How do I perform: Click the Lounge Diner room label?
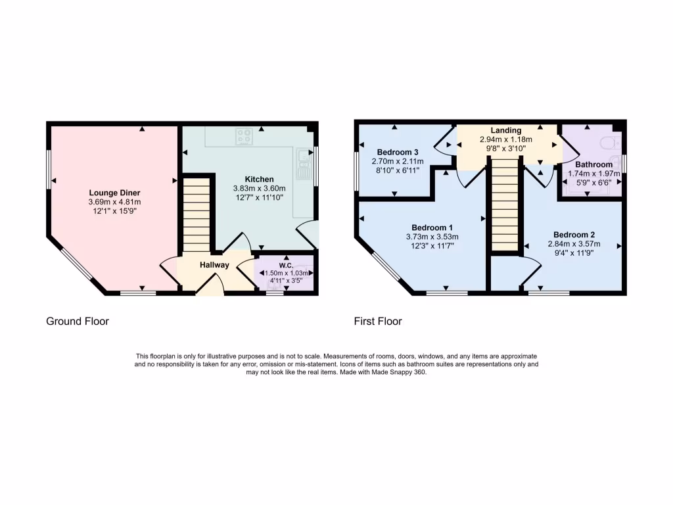click(x=115, y=193)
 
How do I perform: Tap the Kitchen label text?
click(x=259, y=179)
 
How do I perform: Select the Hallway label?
click(x=214, y=265)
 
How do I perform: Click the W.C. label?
click(x=285, y=266)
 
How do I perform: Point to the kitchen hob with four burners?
click(x=244, y=137)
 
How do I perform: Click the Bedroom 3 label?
click(x=395, y=151)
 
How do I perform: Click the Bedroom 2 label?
click(x=574, y=235)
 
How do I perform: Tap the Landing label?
click(x=505, y=130)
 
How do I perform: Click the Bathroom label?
click(x=593, y=164)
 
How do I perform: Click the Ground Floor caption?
click(x=77, y=322)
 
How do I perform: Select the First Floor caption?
click(x=378, y=322)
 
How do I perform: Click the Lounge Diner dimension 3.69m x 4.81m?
click(x=115, y=202)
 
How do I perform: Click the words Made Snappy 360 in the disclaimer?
click(x=402, y=372)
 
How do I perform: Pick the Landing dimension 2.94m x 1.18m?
click(x=505, y=139)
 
